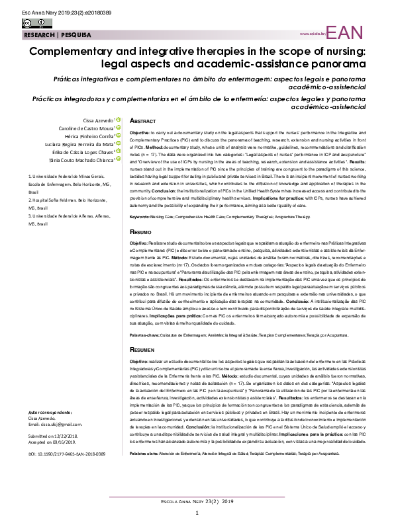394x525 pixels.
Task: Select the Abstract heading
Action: point(143,122)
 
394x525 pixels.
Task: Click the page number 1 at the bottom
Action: point(197,513)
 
